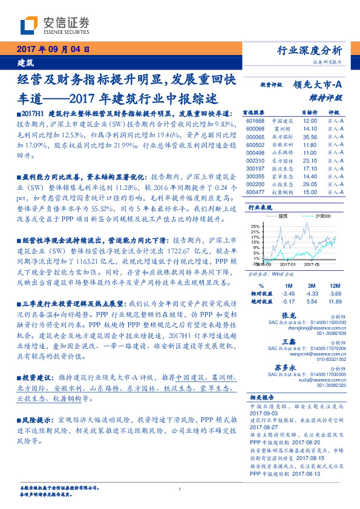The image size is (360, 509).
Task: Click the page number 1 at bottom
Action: (180, 489)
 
